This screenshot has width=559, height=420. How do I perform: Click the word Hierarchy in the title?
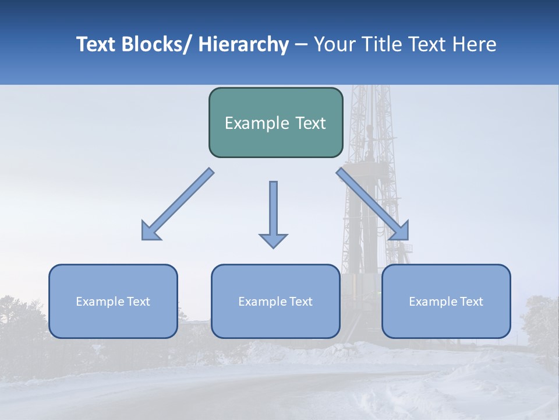243,44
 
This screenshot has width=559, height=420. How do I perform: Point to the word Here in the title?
474,44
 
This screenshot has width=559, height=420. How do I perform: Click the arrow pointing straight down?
273,210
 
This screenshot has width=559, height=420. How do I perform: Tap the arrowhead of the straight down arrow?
273,240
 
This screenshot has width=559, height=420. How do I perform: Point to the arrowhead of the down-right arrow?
401,232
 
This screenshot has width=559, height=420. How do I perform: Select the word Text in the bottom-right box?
471,302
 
